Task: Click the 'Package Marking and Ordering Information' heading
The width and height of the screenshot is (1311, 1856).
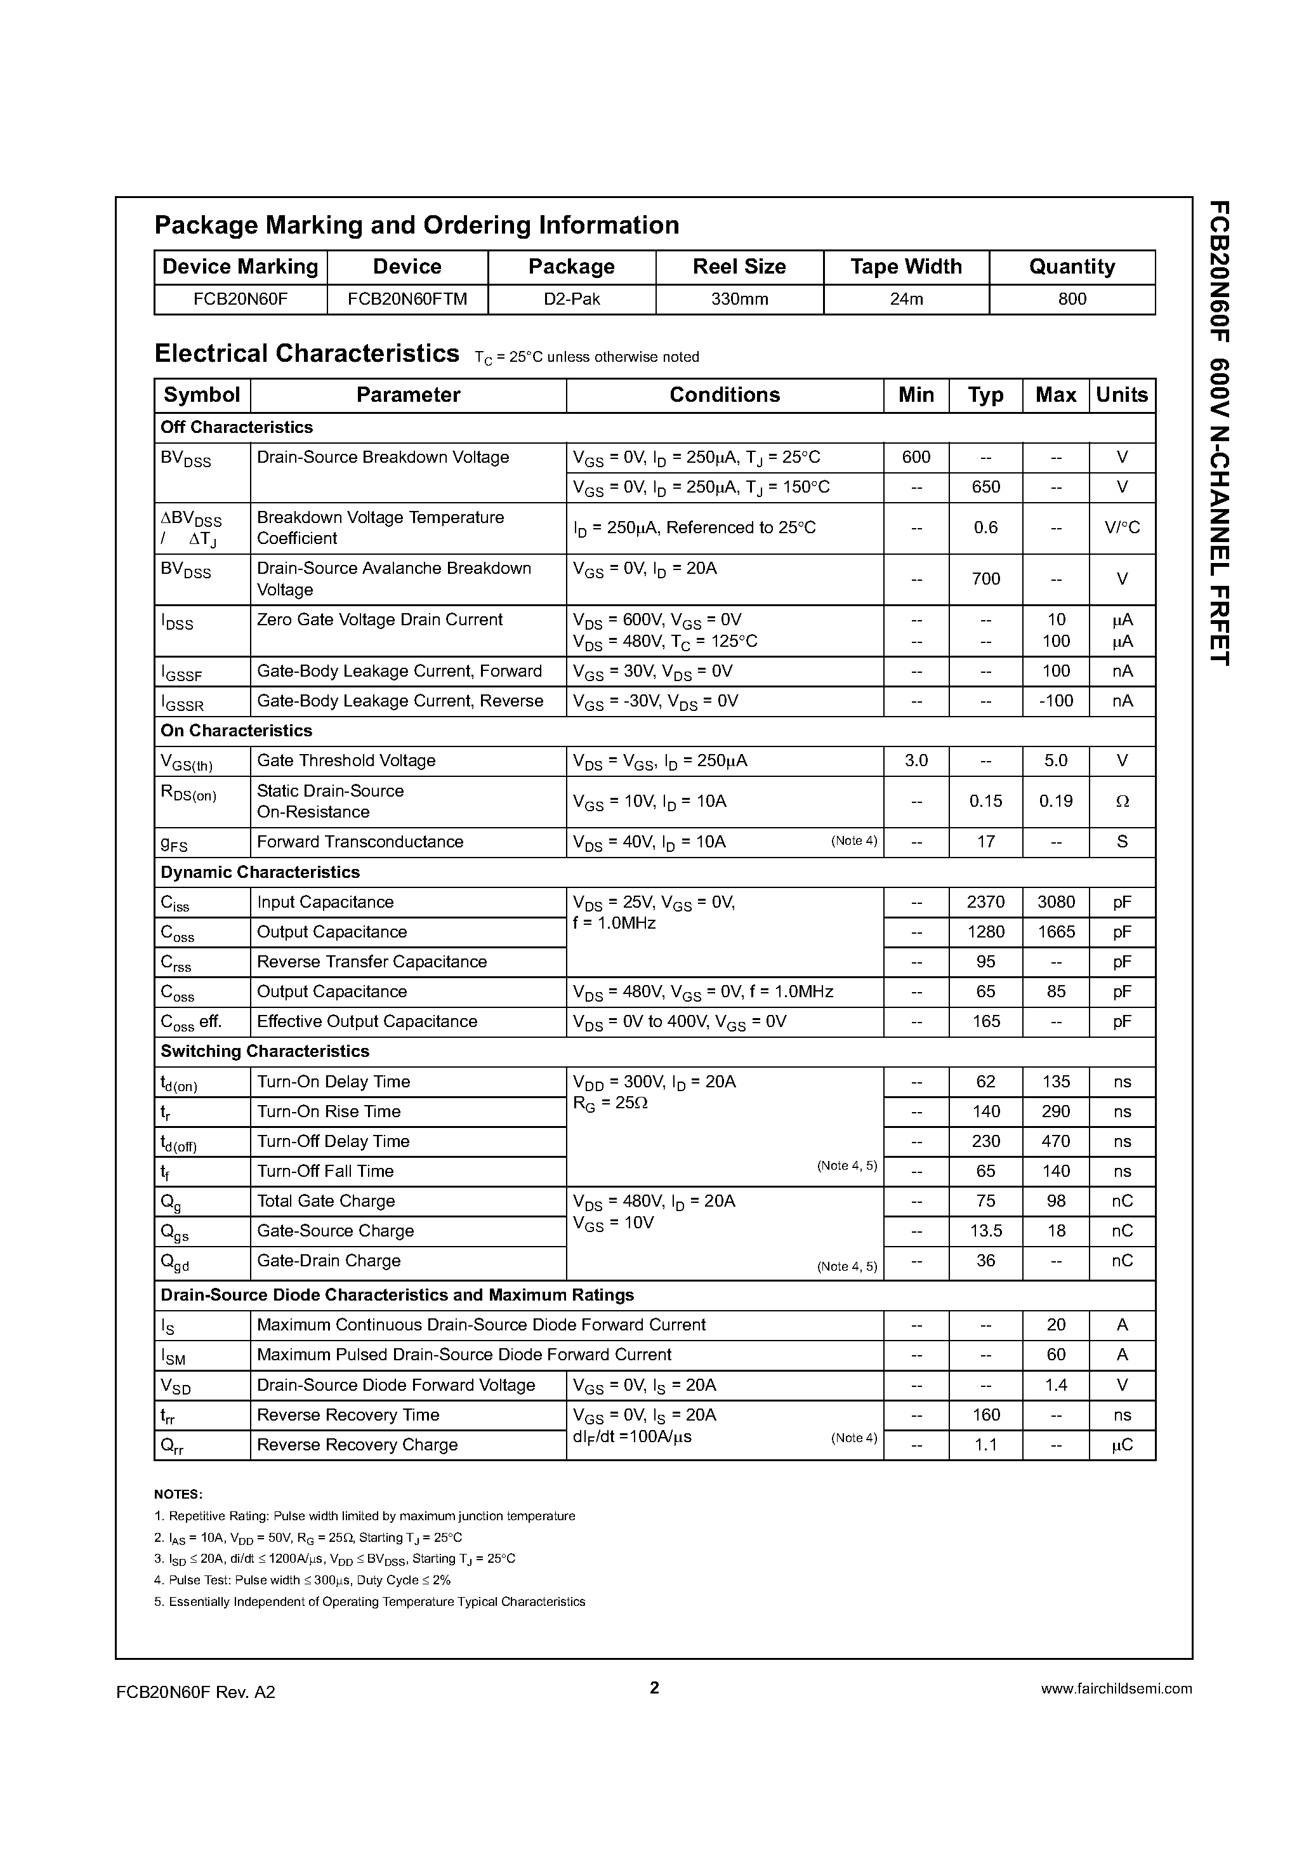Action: [416, 225]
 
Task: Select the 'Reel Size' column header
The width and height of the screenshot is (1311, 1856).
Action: [739, 267]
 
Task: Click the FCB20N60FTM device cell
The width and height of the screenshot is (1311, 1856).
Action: [407, 299]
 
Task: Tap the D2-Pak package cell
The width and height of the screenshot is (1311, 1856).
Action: [572, 299]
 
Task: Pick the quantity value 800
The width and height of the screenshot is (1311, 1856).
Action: [1072, 299]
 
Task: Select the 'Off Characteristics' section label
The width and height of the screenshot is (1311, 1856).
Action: [236, 427]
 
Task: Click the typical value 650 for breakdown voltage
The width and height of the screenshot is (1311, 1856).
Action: [985, 487]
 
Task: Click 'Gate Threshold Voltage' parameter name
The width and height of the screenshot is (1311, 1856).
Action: [346, 760]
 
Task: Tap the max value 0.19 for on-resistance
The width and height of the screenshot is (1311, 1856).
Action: [1055, 801]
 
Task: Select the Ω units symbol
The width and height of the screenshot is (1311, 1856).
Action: [1122, 801]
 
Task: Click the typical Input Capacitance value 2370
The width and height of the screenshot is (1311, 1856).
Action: [985, 902]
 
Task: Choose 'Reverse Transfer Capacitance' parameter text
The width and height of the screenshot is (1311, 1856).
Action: [372, 962]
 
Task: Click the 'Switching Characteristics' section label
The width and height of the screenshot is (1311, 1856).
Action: [265, 1051]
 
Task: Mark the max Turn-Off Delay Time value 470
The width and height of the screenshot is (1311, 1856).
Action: [1055, 1141]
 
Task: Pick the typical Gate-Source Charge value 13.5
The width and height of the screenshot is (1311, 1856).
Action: [985, 1231]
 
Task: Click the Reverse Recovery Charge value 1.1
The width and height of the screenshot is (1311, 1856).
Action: [985, 1445]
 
